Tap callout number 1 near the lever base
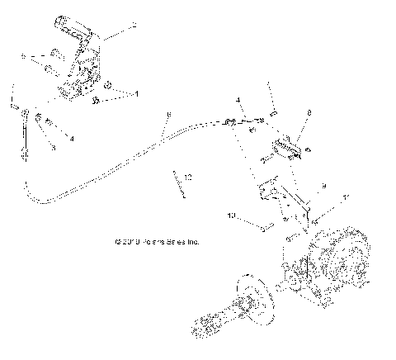137,93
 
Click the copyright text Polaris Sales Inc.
158,243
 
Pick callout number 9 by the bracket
323,186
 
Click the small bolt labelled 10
264,230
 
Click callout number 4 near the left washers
72,139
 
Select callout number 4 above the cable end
238,101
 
